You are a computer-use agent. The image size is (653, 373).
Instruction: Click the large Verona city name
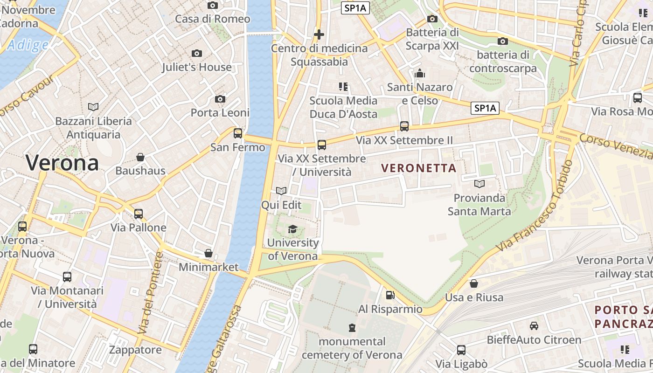pos(62,163)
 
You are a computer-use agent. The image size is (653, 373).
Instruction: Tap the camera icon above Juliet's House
pos(197,54)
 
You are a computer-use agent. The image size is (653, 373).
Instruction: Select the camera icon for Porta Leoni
pos(220,99)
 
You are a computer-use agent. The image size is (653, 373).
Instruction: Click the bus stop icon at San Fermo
pos(238,133)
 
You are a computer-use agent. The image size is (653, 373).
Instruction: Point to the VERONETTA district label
pos(419,168)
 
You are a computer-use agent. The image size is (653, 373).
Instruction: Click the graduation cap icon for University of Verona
pos(292,229)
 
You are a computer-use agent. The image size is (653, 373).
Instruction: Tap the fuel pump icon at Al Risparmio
pos(390,295)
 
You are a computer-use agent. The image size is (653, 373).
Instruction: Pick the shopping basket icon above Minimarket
pos(208,254)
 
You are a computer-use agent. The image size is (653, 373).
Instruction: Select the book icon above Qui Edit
pos(281,191)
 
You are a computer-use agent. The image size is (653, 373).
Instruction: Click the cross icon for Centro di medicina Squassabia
pos(319,34)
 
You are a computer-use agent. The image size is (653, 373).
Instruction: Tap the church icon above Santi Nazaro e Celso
pos(420,73)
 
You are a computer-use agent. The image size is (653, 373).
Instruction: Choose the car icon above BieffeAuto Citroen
pos(534,326)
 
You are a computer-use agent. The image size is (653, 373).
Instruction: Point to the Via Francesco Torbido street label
pos(534,206)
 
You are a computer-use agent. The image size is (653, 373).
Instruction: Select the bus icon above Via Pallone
pos(139,214)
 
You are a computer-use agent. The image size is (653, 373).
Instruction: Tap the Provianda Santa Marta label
pos(479,204)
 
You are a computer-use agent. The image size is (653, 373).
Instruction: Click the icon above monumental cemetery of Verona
pos(352,328)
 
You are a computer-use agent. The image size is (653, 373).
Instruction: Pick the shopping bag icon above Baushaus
pos(140,157)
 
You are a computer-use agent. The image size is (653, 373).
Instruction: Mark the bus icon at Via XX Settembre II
pos(404,126)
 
